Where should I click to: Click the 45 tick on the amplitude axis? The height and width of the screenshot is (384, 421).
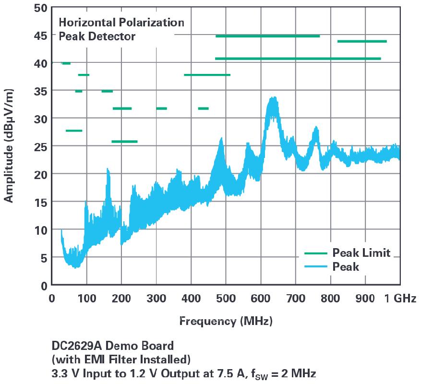pos(40,35)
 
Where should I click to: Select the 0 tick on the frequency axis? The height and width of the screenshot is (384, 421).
pos(52,298)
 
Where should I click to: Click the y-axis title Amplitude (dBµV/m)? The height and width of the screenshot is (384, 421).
pos(9,145)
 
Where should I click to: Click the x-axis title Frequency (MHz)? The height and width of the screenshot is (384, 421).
pos(226,321)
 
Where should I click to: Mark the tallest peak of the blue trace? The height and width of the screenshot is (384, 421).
pos(274,98)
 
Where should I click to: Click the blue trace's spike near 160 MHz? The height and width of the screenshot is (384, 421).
pos(108,169)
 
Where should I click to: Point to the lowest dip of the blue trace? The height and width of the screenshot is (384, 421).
pos(75,266)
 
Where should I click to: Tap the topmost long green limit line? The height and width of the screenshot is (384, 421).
pos(267,36)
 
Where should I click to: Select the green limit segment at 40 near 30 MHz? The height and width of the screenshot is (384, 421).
pos(66,63)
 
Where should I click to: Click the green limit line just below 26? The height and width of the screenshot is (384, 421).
pos(124,142)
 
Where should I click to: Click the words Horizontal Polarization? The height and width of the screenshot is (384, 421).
pos(121,23)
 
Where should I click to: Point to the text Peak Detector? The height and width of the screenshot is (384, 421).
pos(97,36)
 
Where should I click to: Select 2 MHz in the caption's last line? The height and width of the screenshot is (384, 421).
pos(301,372)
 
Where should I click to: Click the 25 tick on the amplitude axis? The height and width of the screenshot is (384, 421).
pos(40,145)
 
